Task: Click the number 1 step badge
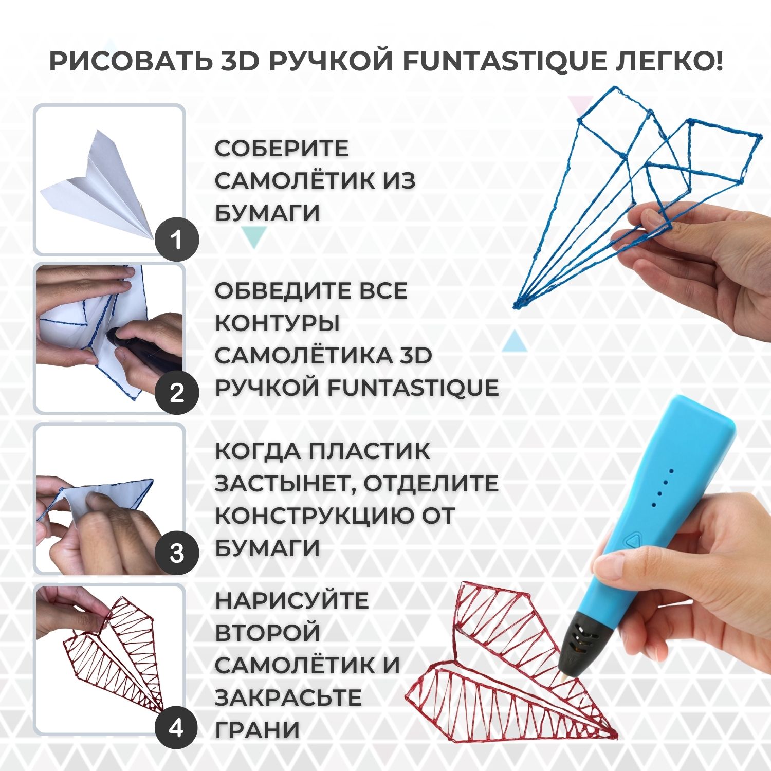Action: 177,240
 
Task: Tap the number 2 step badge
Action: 177,393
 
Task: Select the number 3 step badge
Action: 177,554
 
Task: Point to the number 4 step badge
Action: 177,728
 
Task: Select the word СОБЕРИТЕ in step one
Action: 281,149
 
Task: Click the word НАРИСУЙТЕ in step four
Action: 291,600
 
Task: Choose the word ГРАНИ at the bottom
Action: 257,730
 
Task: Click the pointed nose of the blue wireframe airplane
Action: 516,306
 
